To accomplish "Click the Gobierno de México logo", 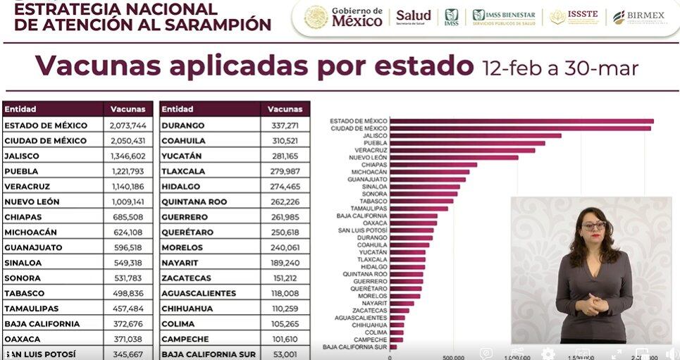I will click(x=344, y=17).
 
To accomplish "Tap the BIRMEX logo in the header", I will click(x=638, y=17).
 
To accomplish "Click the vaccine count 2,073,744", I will click(x=128, y=125).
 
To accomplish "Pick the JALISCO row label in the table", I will click(x=22, y=156).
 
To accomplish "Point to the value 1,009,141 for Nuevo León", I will click(x=128, y=202).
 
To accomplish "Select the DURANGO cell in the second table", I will click(x=183, y=125).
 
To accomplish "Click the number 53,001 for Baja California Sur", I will click(x=285, y=354).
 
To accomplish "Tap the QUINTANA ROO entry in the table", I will click(x=194, y=202).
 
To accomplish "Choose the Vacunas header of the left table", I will click(x=128, y=109).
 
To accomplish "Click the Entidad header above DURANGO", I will click(x=177, y=109).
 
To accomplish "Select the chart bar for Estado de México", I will click(x=521, y=121).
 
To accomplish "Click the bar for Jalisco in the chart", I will click(x=476, y=135).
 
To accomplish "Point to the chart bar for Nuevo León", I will click(x=454, y=157).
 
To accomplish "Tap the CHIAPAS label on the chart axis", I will click(x=374, y=165).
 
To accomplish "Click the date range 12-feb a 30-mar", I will click(x=560, y=68).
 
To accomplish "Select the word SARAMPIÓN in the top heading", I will click(x=213, y=25).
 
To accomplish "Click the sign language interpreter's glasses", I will click(x=593, y=226).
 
